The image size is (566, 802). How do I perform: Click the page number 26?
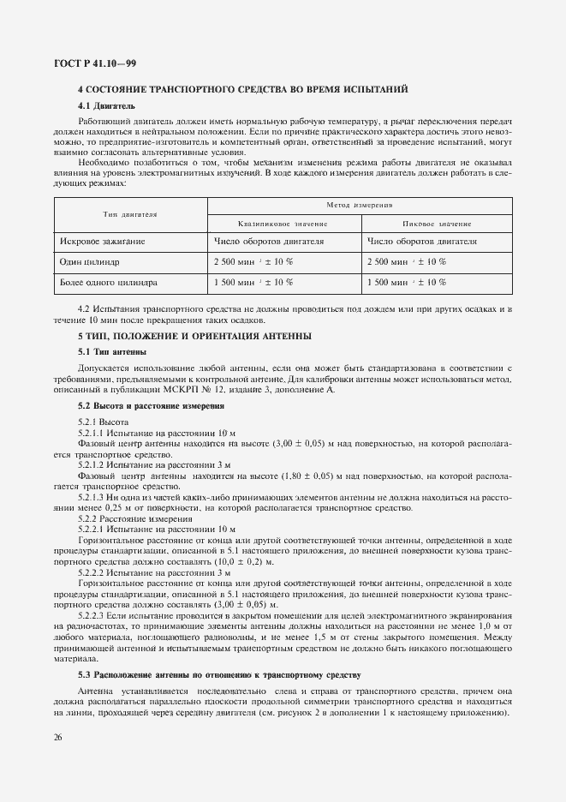point(57,737)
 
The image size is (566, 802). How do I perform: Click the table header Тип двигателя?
point(130,213)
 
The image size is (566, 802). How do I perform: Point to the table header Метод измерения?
point(360,206)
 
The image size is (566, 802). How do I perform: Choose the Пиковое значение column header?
point(437,224)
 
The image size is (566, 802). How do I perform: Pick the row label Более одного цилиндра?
point(109,281)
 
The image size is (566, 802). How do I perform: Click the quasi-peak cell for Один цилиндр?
point(253,261)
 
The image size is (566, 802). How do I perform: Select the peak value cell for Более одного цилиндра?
point(406,281)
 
